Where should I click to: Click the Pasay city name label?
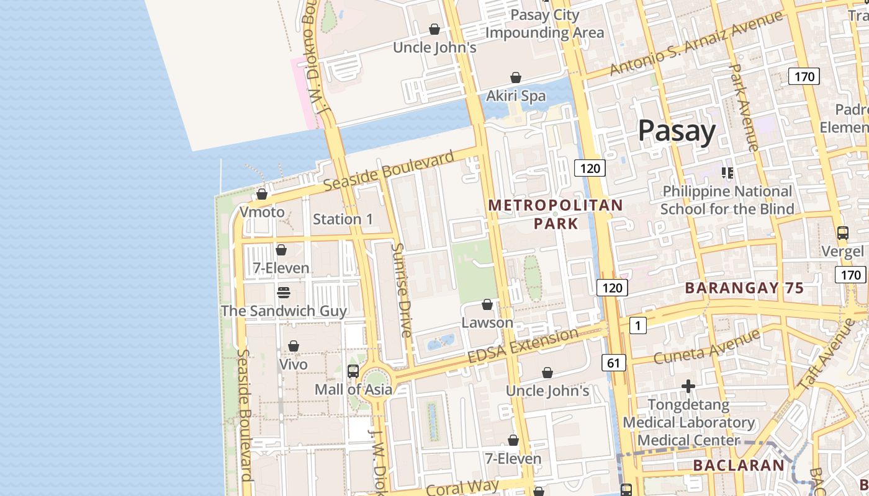(677, 131)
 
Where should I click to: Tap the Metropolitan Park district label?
(556, 214)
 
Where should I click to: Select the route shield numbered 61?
(613, 363)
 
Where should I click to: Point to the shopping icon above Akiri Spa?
(515, 77)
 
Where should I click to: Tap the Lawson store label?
(487, 322)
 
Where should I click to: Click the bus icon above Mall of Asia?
(353, 371)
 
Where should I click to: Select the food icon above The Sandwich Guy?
(284, 292)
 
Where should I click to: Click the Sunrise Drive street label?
(402, 290)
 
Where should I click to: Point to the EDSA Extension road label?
(523, 347)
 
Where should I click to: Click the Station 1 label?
(343, 219)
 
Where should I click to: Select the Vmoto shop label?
(262, 212)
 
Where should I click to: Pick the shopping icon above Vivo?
(294, 346)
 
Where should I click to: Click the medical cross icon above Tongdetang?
(688, 387)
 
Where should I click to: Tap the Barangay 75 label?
(744, 288)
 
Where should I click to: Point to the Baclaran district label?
(739, 465)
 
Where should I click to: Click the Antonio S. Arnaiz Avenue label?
(695, 43)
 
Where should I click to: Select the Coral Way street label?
(462, 485)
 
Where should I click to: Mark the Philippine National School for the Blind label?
(727, 200)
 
